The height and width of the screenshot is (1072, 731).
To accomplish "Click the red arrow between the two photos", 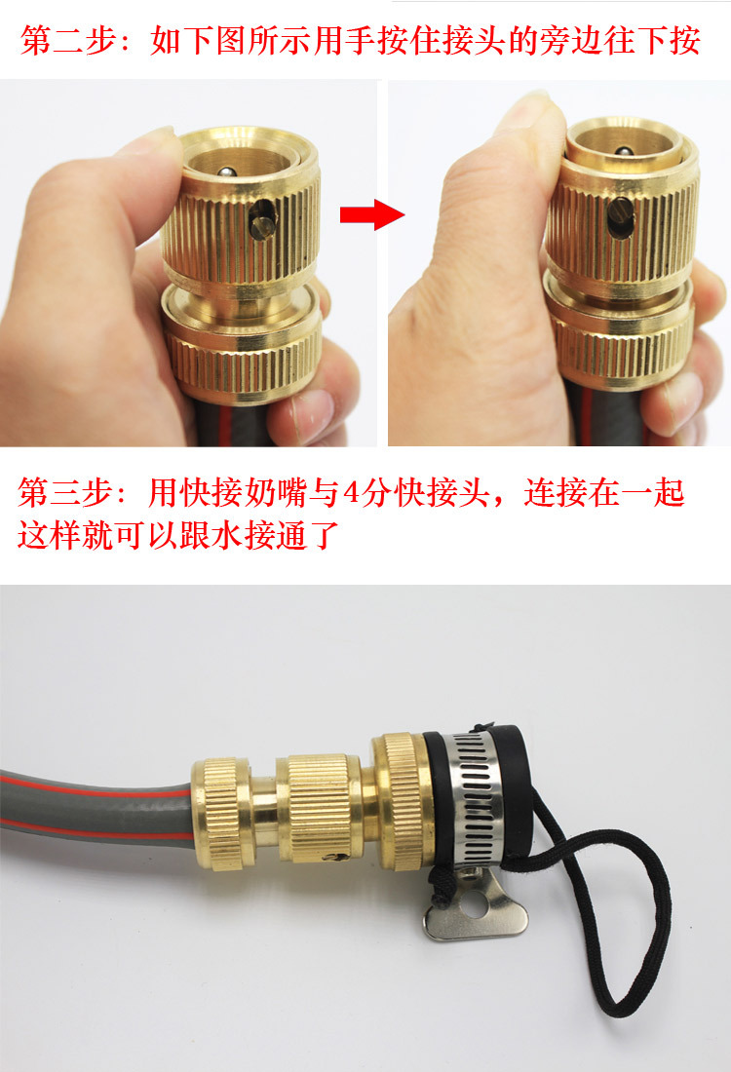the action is (372, 214).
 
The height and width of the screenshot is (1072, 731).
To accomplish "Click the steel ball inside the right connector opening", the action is (622, 152).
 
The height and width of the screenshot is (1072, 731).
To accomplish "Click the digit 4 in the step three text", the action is (352, 493).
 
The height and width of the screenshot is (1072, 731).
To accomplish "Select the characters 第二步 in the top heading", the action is (67, 41).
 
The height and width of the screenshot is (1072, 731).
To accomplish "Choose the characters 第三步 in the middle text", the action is (64, 493).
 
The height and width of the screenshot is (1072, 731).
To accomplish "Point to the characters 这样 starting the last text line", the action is (48, 534).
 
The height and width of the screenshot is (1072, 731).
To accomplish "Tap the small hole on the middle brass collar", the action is (333, 857).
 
